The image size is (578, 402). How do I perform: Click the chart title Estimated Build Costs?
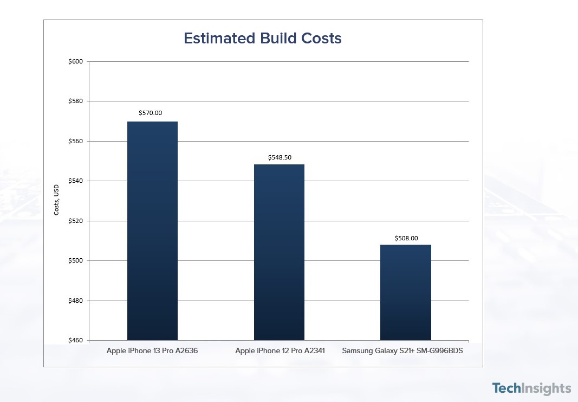[262, 39]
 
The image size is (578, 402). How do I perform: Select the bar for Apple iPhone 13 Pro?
[152, 231]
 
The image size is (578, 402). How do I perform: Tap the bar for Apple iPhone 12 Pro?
[279, 252]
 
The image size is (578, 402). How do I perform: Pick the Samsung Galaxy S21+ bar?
[406, 292]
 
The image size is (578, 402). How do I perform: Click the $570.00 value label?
[151, 113]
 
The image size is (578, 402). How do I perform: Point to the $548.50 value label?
[280, 157]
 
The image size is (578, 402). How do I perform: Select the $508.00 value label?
[406, 238]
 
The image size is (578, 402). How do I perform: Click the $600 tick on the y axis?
[75, 61]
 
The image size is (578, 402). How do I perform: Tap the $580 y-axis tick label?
[75, 101]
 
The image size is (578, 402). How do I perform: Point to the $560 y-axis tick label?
[75, 141]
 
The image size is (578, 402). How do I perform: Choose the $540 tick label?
[75, 181]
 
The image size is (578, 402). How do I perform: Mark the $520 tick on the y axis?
[75, 221]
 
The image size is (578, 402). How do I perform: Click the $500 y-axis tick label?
[75, 260]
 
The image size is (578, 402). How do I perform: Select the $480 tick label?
[75, 301]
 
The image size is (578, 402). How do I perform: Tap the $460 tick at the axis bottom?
[75, 340]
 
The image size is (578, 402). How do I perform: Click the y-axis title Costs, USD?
[56, 199]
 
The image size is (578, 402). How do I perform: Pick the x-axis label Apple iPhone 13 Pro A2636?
[152, 351]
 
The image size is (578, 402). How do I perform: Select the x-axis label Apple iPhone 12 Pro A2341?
[280, 351]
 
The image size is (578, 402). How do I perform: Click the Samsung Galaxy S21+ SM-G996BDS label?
[406, 351]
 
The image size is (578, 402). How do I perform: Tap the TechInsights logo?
[531, 388]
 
